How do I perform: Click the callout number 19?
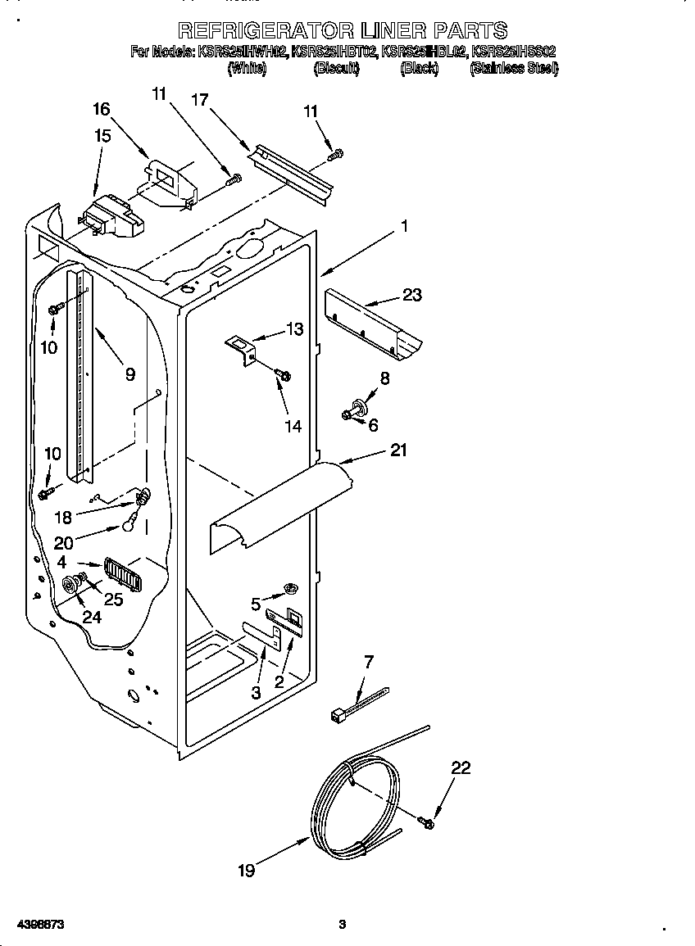point(246,871)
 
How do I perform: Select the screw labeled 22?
point(425,820)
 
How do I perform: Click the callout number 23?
point(411,294)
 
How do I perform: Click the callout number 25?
point(112,600)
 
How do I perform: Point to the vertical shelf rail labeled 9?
point(82,377)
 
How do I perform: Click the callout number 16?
point(101,109)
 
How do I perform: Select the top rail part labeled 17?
point(291,172)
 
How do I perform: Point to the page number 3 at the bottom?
point(343,925)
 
